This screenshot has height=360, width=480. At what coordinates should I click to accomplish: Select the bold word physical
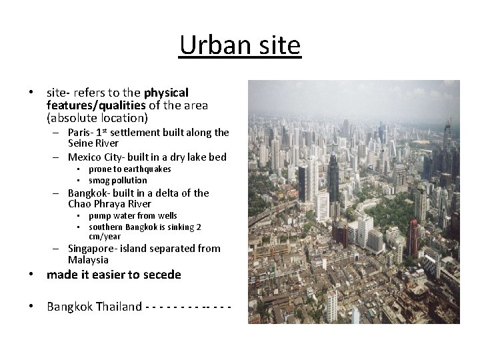pyautogui.click(x=166, y=93)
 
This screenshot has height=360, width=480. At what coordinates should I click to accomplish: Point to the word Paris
pyautogui.click(x=81, y=133)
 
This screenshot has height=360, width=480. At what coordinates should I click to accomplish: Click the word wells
pyautogui.click(x=166, y=216)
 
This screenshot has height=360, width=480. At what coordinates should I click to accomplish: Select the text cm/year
pyautogui.click(x=105, y=237)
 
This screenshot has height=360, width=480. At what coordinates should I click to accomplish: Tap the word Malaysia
pyautogui.click(x=88, y=259)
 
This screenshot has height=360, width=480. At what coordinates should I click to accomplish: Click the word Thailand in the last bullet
pyautogui.click(x=118, y=307)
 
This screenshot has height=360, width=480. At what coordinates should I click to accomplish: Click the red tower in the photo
pyautogui.click(x=413, y=237)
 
